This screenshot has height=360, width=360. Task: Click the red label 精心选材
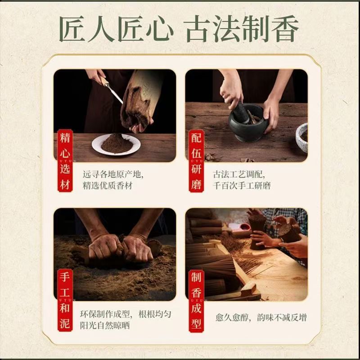[x=65, y=161]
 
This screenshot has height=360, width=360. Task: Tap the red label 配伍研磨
[x=196, y=161]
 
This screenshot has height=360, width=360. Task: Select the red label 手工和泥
[x=65, y=300]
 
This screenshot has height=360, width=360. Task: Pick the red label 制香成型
[x=196, y=301]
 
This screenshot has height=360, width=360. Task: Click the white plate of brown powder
[x=116, y=144]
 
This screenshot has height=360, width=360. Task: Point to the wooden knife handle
[x=104, y=81]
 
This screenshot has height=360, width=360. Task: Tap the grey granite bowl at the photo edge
[x=302, y=138]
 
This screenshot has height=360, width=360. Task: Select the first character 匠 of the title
[x=72, y=29]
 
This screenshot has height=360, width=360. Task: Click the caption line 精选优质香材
[x=108, y=185]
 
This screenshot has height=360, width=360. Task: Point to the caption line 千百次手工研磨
[x=242, y=185]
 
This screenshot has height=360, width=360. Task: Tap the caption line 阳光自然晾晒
[x=105, y=325]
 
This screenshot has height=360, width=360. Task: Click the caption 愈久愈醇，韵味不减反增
[x=261, y=318]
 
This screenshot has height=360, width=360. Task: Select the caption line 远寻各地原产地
[x=113, y=175]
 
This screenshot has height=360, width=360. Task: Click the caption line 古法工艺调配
[x=239, y=175]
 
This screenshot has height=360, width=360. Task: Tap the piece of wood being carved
[x=140, y=100]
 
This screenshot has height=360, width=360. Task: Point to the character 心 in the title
[x=159, y=29]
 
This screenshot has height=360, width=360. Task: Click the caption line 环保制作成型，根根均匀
[x=126, y=314]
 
